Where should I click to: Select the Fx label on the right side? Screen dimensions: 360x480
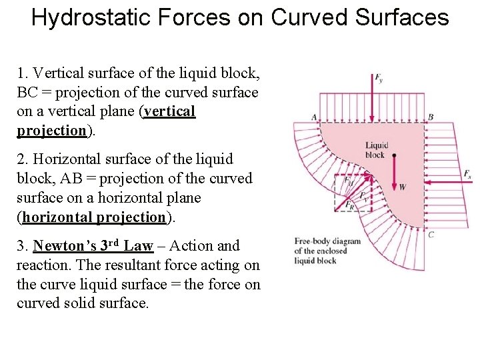click(468, 174)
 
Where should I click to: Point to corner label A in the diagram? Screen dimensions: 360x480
click(313, 117)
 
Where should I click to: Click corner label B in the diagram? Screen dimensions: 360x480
click(431, 117)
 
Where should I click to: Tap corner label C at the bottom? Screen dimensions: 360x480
click(431, 234)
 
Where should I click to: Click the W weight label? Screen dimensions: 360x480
click(402, 187)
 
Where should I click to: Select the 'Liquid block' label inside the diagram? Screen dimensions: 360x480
click(376, 150)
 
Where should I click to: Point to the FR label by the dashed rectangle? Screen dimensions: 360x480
click(351, 206)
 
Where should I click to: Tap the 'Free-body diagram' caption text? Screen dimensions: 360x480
click(327, 241)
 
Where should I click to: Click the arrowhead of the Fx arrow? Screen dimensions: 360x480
click(427, 181)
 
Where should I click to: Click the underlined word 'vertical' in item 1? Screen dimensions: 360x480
click(170, 111)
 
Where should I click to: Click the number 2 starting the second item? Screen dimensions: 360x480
click(20, 159)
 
